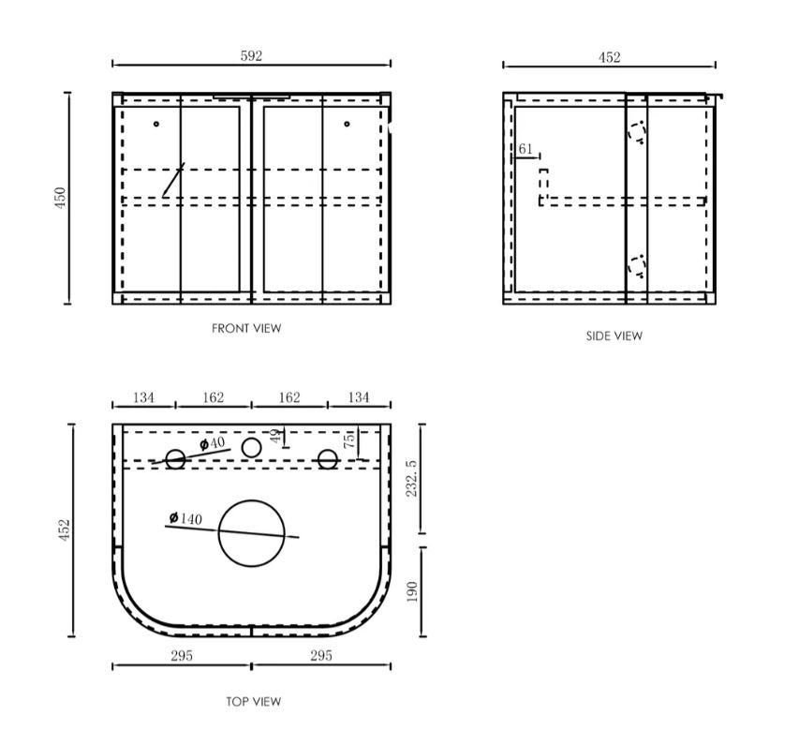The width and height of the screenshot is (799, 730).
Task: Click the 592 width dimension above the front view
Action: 251,56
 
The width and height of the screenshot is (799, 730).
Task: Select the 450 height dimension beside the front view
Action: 61,198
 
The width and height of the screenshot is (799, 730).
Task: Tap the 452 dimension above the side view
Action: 609,57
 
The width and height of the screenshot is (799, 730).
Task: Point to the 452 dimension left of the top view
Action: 66,530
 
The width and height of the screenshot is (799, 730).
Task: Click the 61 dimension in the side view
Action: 525,149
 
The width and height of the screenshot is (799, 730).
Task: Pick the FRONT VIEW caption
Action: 246,329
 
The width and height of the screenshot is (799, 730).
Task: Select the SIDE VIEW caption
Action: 614,336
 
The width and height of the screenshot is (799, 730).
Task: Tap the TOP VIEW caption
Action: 253,701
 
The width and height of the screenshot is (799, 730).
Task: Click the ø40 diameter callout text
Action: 212,442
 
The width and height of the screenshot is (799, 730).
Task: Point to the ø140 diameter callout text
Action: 185,518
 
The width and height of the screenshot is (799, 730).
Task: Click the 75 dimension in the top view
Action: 351,441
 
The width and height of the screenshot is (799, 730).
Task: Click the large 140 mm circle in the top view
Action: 251,533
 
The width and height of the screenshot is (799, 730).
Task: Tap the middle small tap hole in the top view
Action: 251,448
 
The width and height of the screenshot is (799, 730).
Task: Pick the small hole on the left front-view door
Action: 156,124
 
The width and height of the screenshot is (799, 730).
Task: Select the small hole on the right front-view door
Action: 347,124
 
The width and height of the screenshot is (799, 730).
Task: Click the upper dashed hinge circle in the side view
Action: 637,132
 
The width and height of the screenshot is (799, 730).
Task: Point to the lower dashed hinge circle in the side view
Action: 637,266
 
